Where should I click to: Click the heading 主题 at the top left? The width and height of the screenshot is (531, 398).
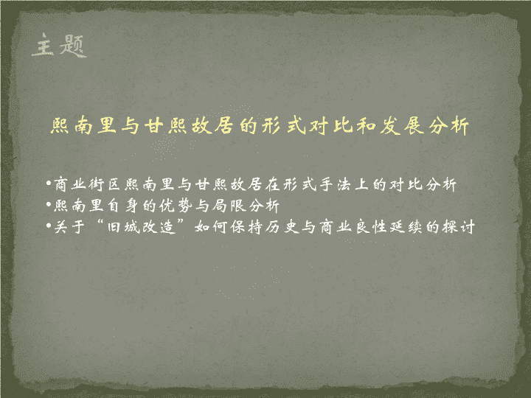60,45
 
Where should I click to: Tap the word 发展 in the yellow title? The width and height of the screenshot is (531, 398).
402,126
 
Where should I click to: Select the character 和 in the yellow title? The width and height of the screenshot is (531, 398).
366,126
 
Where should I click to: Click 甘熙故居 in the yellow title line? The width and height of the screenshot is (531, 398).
189,126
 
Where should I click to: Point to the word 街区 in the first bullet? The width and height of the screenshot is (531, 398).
104,184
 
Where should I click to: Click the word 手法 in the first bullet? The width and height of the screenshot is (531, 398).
335,184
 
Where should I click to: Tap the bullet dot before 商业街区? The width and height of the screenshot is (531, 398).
49,184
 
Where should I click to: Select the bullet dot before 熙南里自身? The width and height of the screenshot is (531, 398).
49,204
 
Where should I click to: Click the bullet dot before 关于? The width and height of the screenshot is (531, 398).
49,225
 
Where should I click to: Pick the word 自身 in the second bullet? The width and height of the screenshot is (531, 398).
122,206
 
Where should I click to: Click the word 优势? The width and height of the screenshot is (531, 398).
175,206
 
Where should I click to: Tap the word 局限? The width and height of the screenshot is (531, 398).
228,206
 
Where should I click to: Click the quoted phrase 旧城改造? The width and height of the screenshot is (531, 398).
141,226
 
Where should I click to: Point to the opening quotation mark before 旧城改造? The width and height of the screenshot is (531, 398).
100,223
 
